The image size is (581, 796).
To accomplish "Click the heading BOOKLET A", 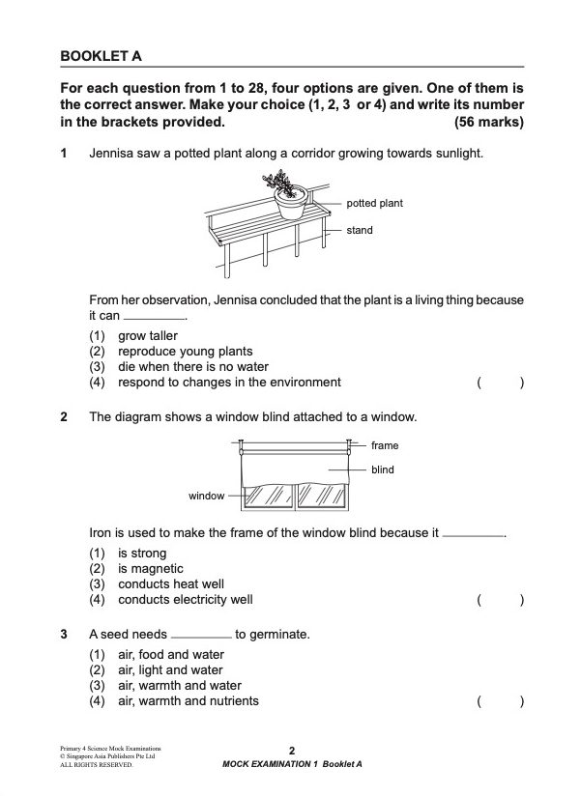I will (x=101, y=57).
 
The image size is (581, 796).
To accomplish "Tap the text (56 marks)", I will (x=488, y=123).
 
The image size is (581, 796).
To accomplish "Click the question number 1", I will (x=64, y=154).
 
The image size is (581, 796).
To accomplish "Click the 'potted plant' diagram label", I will (x=374, y=204).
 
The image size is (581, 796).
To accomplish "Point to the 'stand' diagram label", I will (x=360, y=231).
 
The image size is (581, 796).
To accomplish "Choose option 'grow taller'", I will (x=147, y=336).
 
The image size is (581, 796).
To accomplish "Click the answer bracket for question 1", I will (x=500, y=383).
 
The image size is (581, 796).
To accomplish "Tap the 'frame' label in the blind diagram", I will (x=384, y=445).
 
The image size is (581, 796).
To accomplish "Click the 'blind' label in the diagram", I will (x=382, y=470).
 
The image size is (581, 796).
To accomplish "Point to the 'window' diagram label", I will (x=206, y=496).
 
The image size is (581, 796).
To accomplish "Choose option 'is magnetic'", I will (x=150, y=569).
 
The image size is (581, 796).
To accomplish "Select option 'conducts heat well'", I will (x=170, y=584).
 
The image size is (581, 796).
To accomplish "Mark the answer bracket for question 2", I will (x=500, y=600).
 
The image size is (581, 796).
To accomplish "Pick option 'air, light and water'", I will (x=170, y=670).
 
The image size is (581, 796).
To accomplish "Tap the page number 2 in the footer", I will (x=291, y=751).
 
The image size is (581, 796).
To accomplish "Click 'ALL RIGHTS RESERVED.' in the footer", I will (x=96, y=764).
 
